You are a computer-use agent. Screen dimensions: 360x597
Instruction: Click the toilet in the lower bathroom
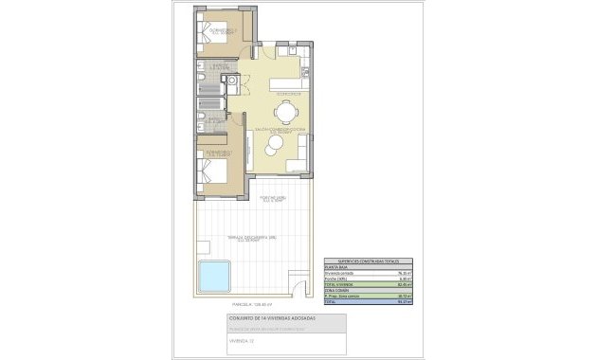pyautogui.click(x=203, y=121)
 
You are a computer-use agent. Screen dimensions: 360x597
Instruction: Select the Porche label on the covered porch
pyautogui.click(x=275, y=199)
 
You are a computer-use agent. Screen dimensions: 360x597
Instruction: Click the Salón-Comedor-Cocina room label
pyautogui.click(x=279, y=129)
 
